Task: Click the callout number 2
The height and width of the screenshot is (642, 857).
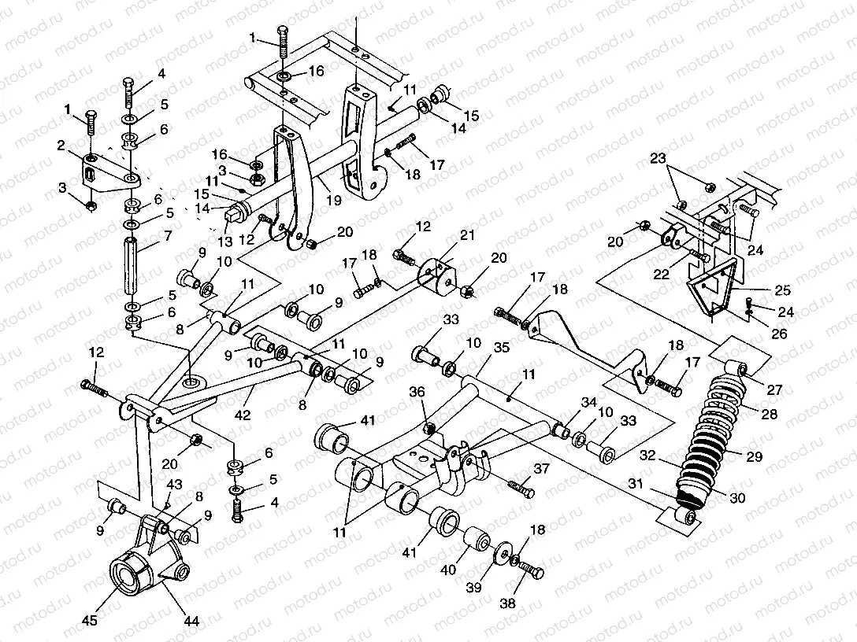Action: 60,145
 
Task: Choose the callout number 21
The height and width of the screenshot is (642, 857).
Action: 468,237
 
